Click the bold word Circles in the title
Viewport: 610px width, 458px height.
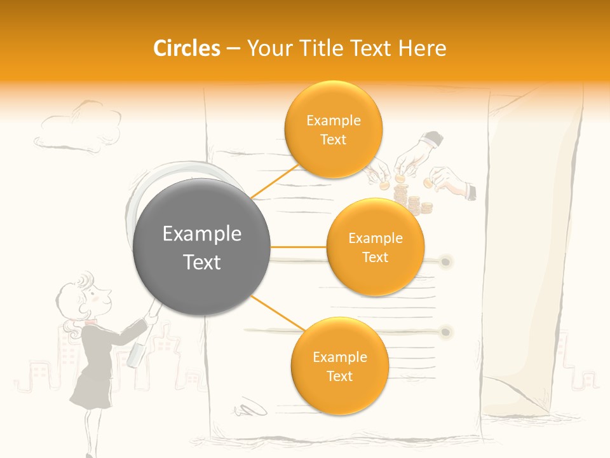tap(186, 48)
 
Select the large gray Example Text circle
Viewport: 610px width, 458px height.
tap(202, 247)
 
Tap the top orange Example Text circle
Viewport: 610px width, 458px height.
tap(333, 129)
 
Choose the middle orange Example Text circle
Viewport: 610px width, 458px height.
tap(375, 247)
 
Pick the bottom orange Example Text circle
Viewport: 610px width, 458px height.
tap(339, 366)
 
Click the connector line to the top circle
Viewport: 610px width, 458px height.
tap(274, 182)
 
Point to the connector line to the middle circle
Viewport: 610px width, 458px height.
tap(299, 247)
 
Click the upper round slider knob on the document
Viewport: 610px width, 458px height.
tap(446, 261)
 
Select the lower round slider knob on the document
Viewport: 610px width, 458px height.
tap(446, 331)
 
